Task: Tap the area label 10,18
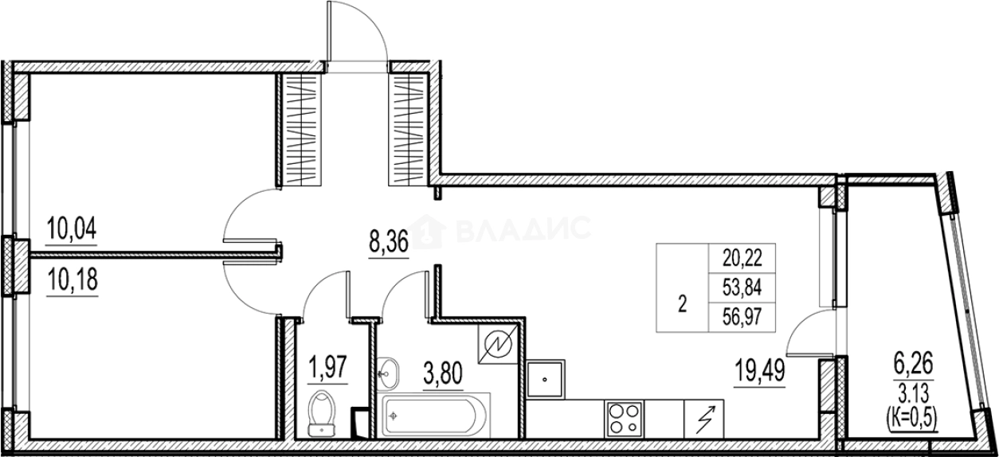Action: (x=71, y=282)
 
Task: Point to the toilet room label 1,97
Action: (x=328, y=369)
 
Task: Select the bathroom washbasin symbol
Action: (x=390, y=370)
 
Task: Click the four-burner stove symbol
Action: (x=624, y=416)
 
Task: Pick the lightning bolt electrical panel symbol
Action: (x=704, y=417)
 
